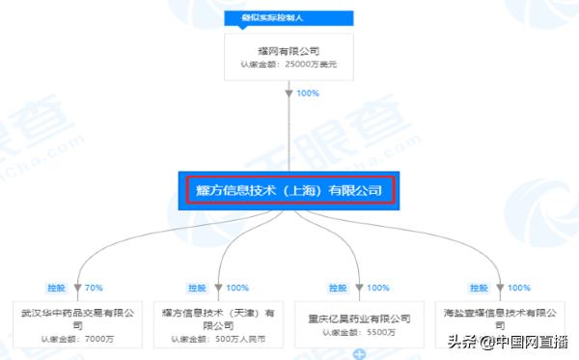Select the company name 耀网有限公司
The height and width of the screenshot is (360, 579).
(289, 51)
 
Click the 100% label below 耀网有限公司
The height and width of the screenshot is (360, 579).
(308, 94)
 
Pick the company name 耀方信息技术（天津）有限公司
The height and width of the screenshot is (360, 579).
(221, 318)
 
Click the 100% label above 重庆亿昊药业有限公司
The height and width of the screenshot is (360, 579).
(377, 288)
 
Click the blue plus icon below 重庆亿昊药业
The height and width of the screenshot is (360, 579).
(359, 354)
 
